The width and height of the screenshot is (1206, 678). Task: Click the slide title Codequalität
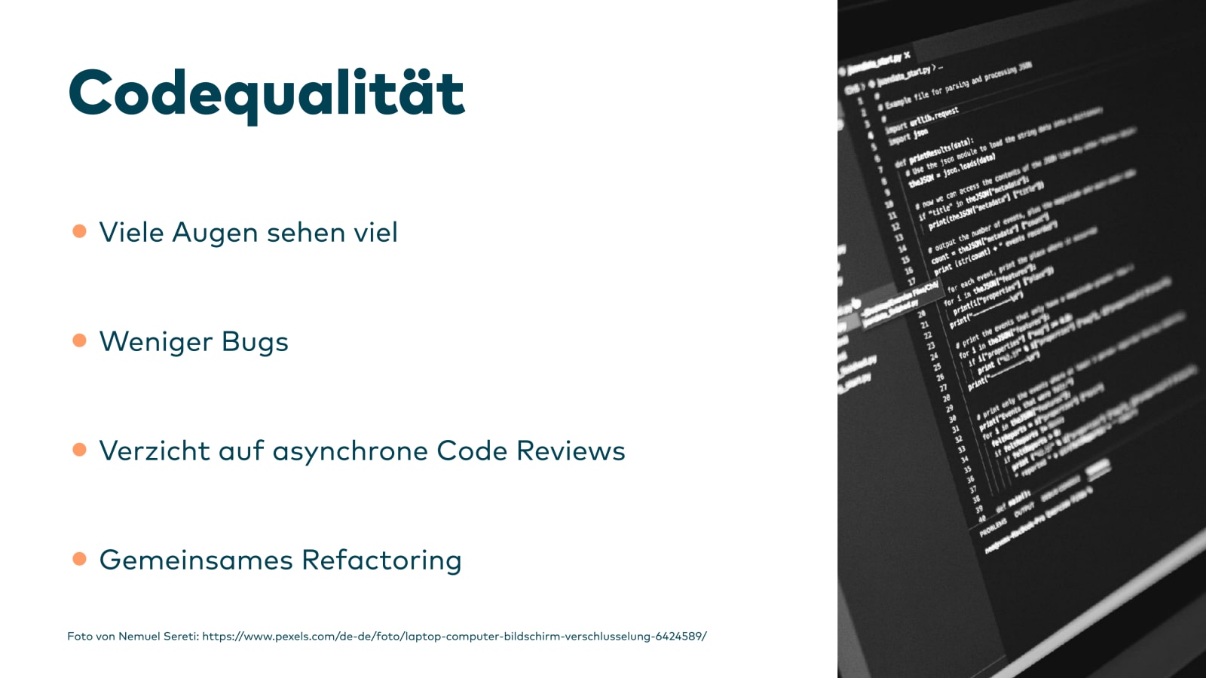pos(266,93)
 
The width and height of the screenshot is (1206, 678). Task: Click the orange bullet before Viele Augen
pos(79,231)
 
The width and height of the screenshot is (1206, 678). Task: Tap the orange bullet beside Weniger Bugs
pos(79,341)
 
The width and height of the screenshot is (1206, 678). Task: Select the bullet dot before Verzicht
pos(79,450)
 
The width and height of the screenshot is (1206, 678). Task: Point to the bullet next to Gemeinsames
pos(79,559)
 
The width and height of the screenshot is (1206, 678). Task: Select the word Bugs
pos(255,343)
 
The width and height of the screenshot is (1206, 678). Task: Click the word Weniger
pos(156,343)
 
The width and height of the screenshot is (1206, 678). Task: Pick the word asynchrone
pos(350,451)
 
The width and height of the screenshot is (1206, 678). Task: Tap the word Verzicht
pos(155,450)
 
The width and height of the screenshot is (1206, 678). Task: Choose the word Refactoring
pos(381,560)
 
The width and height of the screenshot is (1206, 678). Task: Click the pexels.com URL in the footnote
pos(454,637)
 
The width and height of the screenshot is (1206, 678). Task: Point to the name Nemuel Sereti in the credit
pos(158,637)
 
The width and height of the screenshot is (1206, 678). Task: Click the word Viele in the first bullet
pos(131,232)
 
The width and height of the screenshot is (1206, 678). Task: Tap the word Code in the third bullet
pos(472,450)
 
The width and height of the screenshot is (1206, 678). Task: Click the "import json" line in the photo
pos(908,136)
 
